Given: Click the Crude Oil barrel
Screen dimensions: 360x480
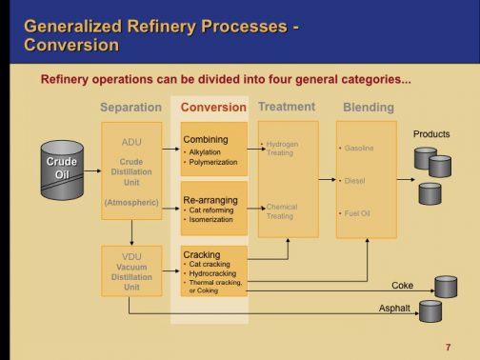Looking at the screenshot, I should coord(62,169).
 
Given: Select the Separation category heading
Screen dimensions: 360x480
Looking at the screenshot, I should coord(130,108).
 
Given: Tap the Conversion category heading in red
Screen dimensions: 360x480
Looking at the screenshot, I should coord(212,108).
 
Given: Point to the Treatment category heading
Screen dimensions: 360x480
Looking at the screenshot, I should coord(287,107).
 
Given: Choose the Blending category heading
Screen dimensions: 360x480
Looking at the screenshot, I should coord(368,108).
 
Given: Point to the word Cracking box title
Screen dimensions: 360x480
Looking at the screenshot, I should coord(201,254).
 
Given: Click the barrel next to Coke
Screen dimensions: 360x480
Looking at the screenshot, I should coord(445,286).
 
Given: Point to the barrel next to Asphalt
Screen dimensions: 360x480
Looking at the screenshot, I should coord(430,310).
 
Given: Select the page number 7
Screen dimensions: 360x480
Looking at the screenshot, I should coord(447,346).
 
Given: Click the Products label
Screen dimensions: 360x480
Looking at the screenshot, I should coord(430,134).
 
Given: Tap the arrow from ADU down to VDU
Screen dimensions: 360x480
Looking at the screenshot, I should coord(131,232).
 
